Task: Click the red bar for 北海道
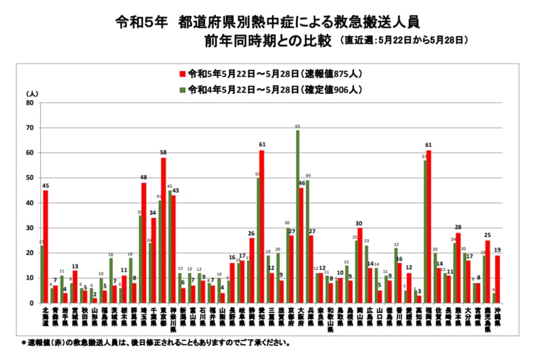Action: pos(45,247)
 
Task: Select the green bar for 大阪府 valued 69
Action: pos(298,217)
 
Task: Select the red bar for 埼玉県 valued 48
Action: pos(144,243)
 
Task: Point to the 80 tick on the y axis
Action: pos(29,103)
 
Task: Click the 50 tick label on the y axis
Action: pos(29,178)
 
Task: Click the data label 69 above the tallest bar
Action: pos(298,126)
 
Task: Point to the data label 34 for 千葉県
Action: pos(154,213)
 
